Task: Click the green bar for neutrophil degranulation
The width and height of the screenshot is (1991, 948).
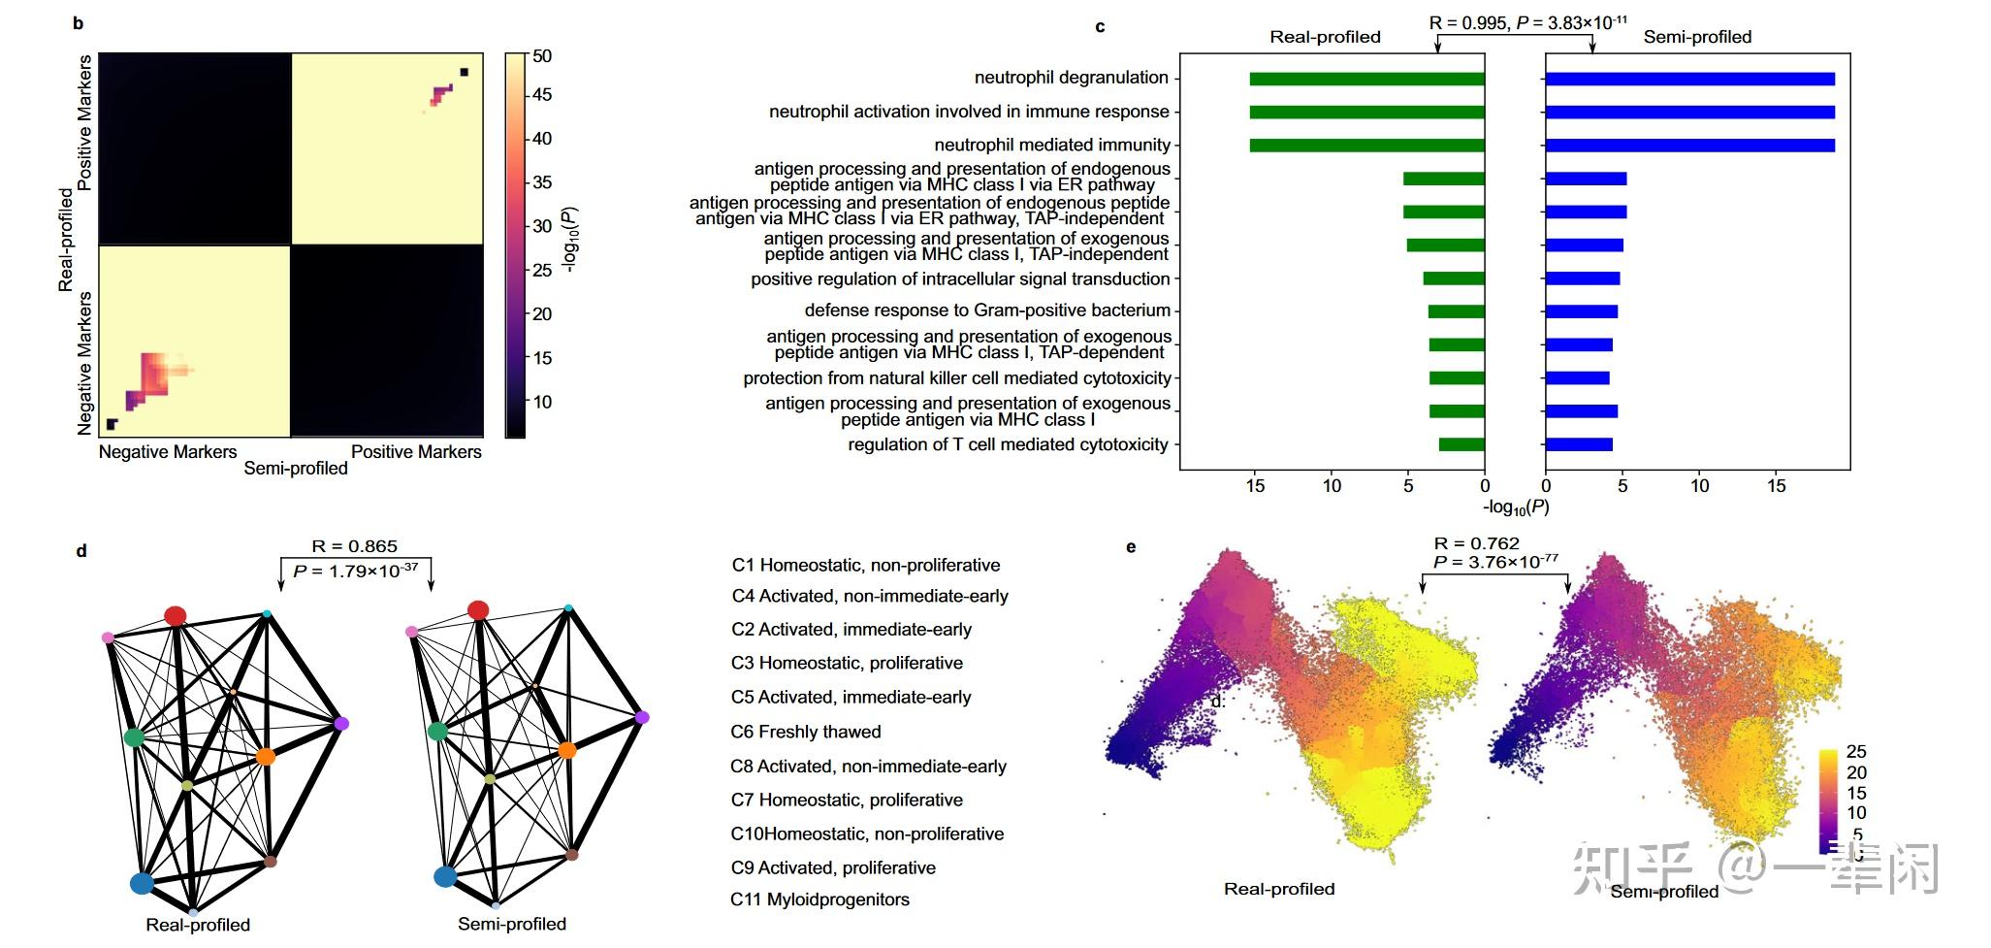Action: coord(1366,79)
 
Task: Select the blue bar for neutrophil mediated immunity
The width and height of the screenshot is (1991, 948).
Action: coord(1689,146)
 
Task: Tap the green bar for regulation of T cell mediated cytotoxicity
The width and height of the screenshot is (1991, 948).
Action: coord(1461,444)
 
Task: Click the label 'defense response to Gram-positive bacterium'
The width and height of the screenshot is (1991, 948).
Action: coord(987,311)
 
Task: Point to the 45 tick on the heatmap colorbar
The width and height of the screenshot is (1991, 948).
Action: coord(541,95)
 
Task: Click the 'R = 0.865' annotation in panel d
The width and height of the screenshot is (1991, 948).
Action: coord(354,546)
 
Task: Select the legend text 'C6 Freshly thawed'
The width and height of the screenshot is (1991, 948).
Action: coord(806,732)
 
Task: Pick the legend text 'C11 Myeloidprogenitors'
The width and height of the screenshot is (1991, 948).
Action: coord(819,899)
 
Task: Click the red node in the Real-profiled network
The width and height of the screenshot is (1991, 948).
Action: coord(176,616)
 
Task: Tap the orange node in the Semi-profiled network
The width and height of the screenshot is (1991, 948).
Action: coord(567,750)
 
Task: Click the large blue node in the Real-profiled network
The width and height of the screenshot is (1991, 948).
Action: coord(142,883)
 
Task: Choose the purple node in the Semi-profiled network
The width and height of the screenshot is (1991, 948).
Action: coord(642,717)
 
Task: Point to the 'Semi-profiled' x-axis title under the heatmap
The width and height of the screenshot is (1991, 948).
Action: coord(296,469)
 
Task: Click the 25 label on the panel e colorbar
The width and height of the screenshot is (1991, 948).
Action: coord(1856,751)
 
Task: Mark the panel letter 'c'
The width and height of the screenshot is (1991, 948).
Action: coord(1100,27)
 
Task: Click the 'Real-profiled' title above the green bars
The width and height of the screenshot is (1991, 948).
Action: coord(1325,37)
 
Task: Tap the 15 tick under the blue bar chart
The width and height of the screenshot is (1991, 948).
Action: coord(1776,486)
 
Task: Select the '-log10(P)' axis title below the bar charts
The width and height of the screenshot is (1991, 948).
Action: coord(1516,507)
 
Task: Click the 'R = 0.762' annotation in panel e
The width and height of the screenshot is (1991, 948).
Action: coord(1476,543)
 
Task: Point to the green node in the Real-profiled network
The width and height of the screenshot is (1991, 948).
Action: coord(134,737)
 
